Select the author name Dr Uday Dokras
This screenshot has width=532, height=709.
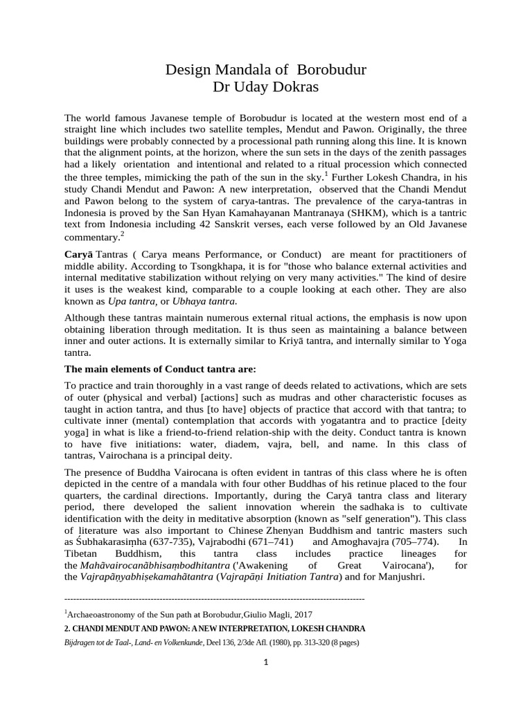coord(265,88)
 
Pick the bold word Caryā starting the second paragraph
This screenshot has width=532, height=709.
coord(78,253)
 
